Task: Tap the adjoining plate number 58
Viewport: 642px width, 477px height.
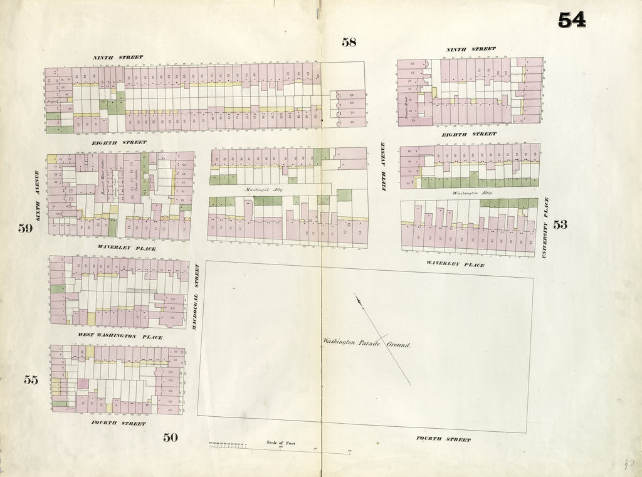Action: click(349, 42)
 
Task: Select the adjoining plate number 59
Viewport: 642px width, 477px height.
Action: click(25, 228)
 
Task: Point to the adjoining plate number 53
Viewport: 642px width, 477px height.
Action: click(560, 224)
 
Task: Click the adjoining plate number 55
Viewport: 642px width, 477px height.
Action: click(31, 379)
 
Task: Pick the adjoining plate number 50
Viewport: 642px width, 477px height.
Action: click(171, 438)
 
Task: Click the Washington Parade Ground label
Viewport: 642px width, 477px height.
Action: click(367, 343)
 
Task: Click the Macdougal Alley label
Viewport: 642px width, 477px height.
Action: click(260, 189)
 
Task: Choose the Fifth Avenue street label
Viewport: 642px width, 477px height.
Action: click(384, 166)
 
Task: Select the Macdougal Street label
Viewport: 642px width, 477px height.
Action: click(196, 298)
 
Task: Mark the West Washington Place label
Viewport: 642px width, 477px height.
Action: click(120, 337)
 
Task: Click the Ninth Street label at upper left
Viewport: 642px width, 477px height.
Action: click(118, 57)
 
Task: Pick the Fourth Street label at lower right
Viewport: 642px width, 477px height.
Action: click(443, 439)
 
